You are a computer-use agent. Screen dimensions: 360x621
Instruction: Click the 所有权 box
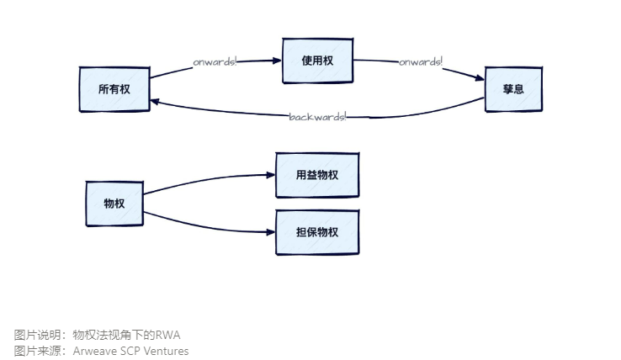coord(114,88)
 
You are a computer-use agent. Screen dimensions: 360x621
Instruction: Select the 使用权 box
coord(317,61)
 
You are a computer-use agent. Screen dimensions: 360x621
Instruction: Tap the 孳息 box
coord(513,88)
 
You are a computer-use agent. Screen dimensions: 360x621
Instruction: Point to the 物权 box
coord(114,204)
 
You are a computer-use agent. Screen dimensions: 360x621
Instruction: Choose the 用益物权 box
coord(317,175)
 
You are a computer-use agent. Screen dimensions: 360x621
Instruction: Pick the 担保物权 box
coord(317,232)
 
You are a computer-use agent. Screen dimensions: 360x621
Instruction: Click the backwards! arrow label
coord(317,116)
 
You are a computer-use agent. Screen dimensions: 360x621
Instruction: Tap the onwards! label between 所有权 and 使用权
coord(215,62)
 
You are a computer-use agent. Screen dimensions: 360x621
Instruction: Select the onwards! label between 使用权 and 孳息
coord(421,62)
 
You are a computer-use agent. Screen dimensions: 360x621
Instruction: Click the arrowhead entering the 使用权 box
coord(276,61)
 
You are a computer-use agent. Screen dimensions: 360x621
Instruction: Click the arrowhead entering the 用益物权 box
coord(271,175)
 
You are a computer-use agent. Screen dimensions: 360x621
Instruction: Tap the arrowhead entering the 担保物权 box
coord(271,233)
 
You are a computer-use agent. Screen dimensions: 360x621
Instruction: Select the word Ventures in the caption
coord(168,351)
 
